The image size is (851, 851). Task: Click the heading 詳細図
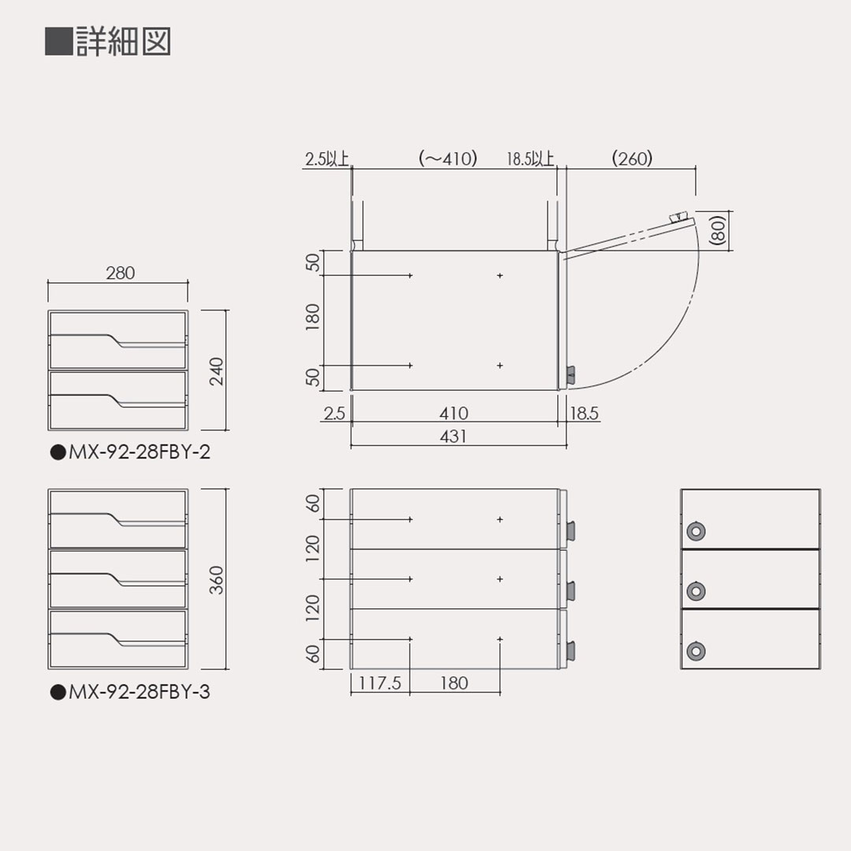(123, 42)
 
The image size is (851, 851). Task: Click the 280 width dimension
(120, 273)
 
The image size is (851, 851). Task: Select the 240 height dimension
(217, 371)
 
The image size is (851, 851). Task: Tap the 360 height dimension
(217, 580)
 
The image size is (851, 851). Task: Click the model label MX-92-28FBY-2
(131, 453)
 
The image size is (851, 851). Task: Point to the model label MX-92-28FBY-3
(131, 693)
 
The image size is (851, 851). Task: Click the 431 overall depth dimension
(454, 436)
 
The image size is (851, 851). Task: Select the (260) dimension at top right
(632, 158)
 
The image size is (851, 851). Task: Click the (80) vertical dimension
(717, 232)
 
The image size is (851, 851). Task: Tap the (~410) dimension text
(448, 158)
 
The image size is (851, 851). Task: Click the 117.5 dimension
(380, 683)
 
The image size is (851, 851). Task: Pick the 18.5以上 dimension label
(530, 159)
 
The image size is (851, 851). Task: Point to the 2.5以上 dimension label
(326, 159)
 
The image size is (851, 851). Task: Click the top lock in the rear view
(695, 531)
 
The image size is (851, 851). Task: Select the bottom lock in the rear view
(695, 651)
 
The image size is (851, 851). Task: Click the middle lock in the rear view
(695, 590)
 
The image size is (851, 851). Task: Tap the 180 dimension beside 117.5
(454, 683)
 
